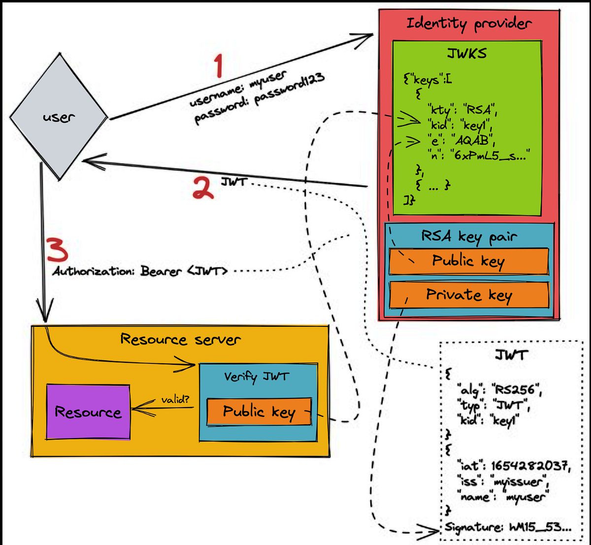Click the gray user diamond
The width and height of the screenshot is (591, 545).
coord(59,117)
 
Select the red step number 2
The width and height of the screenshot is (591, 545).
coord(203,188)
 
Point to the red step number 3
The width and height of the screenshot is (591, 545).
coord(58,251)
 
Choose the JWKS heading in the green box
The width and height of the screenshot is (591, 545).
coord(467,54)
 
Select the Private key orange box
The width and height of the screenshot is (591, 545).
coord(469,295)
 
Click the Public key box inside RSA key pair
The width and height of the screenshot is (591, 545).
coord(469,261)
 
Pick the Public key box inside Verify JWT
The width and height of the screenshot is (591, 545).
coord(259,412)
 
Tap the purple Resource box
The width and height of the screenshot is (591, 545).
coord(88,412)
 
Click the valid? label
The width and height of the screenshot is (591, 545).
coord(175,400)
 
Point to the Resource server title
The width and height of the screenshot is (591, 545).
coord(180,340)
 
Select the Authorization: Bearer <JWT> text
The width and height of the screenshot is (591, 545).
coord(140,271)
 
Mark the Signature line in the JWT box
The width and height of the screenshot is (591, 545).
coord(508,527)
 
